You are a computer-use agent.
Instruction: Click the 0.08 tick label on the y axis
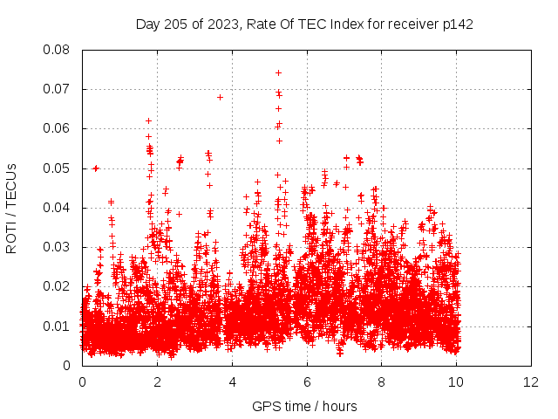pos(58,50)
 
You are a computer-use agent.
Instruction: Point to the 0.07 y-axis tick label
pos(58,89)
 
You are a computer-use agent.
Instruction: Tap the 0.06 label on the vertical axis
pos(58,128)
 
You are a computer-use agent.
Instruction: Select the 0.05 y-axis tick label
pos(58,168)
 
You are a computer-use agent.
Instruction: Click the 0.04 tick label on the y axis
pos(58,208)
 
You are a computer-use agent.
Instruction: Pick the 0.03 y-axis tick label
pos(58,247)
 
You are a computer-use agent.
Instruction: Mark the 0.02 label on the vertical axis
pos(58,286)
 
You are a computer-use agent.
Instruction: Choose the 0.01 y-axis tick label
pos(58,326)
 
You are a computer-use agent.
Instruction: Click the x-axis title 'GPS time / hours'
pos(304,406)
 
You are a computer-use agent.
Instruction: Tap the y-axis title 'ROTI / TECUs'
pos(11,208)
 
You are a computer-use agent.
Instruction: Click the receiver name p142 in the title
pos(457,24)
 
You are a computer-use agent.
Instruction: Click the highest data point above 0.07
pos(278,72)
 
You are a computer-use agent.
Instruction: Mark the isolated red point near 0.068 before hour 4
pos(220,97)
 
